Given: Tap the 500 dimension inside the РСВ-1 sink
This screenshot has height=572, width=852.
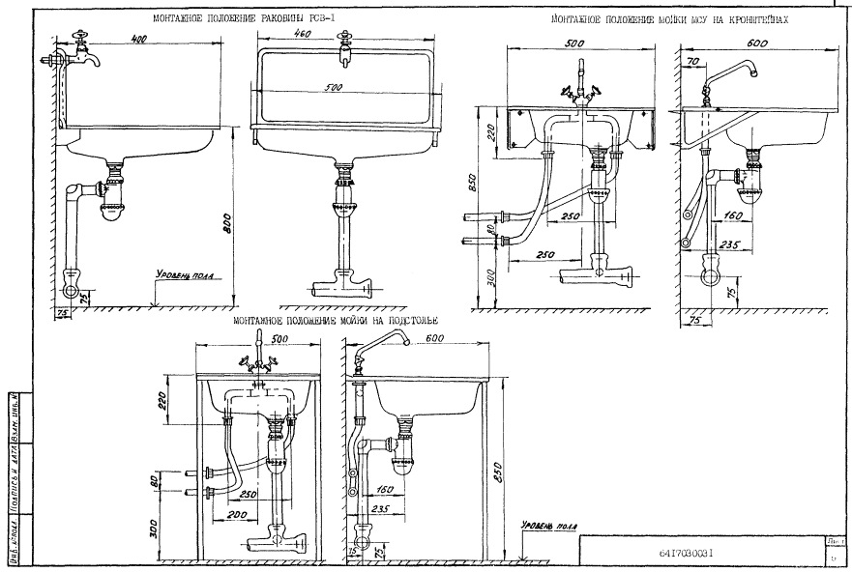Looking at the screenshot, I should (333, 88).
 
